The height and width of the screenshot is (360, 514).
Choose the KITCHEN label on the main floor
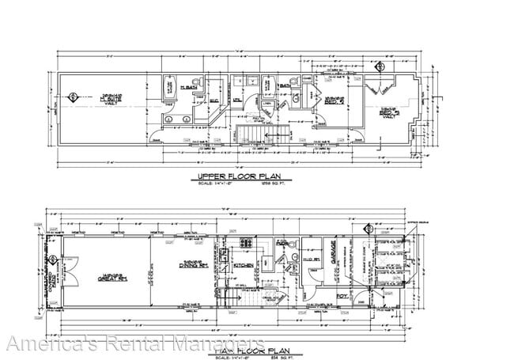(x=243, y=267)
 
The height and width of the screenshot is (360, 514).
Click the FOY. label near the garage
(x=342, y=296)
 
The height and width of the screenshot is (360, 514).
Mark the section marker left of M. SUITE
(x=74, y=98)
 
